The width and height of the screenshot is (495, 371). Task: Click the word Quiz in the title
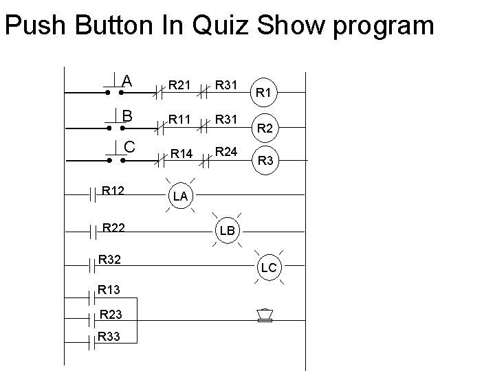click(x=224, y=26)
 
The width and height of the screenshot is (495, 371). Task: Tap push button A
click(x=115, y=85)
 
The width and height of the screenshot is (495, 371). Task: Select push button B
click(x=115, y=122)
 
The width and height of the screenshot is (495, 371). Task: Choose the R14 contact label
click(x=181, y=155)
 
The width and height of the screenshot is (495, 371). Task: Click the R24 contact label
click(x=225, y=150)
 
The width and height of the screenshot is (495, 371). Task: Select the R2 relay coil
click(x=265, y=126)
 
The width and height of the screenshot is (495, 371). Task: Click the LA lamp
click(x=181, y=196)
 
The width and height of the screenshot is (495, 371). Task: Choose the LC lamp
click(x=269, y=267)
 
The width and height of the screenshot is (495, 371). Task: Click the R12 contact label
click(x=113, y=188)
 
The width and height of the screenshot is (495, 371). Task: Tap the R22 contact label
click(x=113, y=226)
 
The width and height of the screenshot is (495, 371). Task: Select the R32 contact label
click(x=111, y=260)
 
